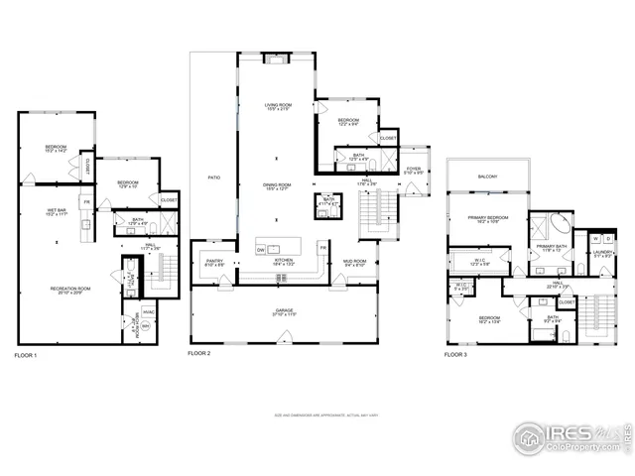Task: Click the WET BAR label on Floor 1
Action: pos(55,212)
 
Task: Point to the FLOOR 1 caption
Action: pos(27,354)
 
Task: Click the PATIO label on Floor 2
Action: pos(213,178)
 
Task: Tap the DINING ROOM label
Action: pos(277,185)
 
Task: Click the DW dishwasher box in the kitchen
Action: pos(261,250)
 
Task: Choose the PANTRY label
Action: pos(214,263)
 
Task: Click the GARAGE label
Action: pos(283,311)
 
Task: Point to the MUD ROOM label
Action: pos(355,263)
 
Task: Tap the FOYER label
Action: pos(415,170)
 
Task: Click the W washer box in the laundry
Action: pos(595,239)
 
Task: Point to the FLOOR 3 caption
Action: pos(455,354)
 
